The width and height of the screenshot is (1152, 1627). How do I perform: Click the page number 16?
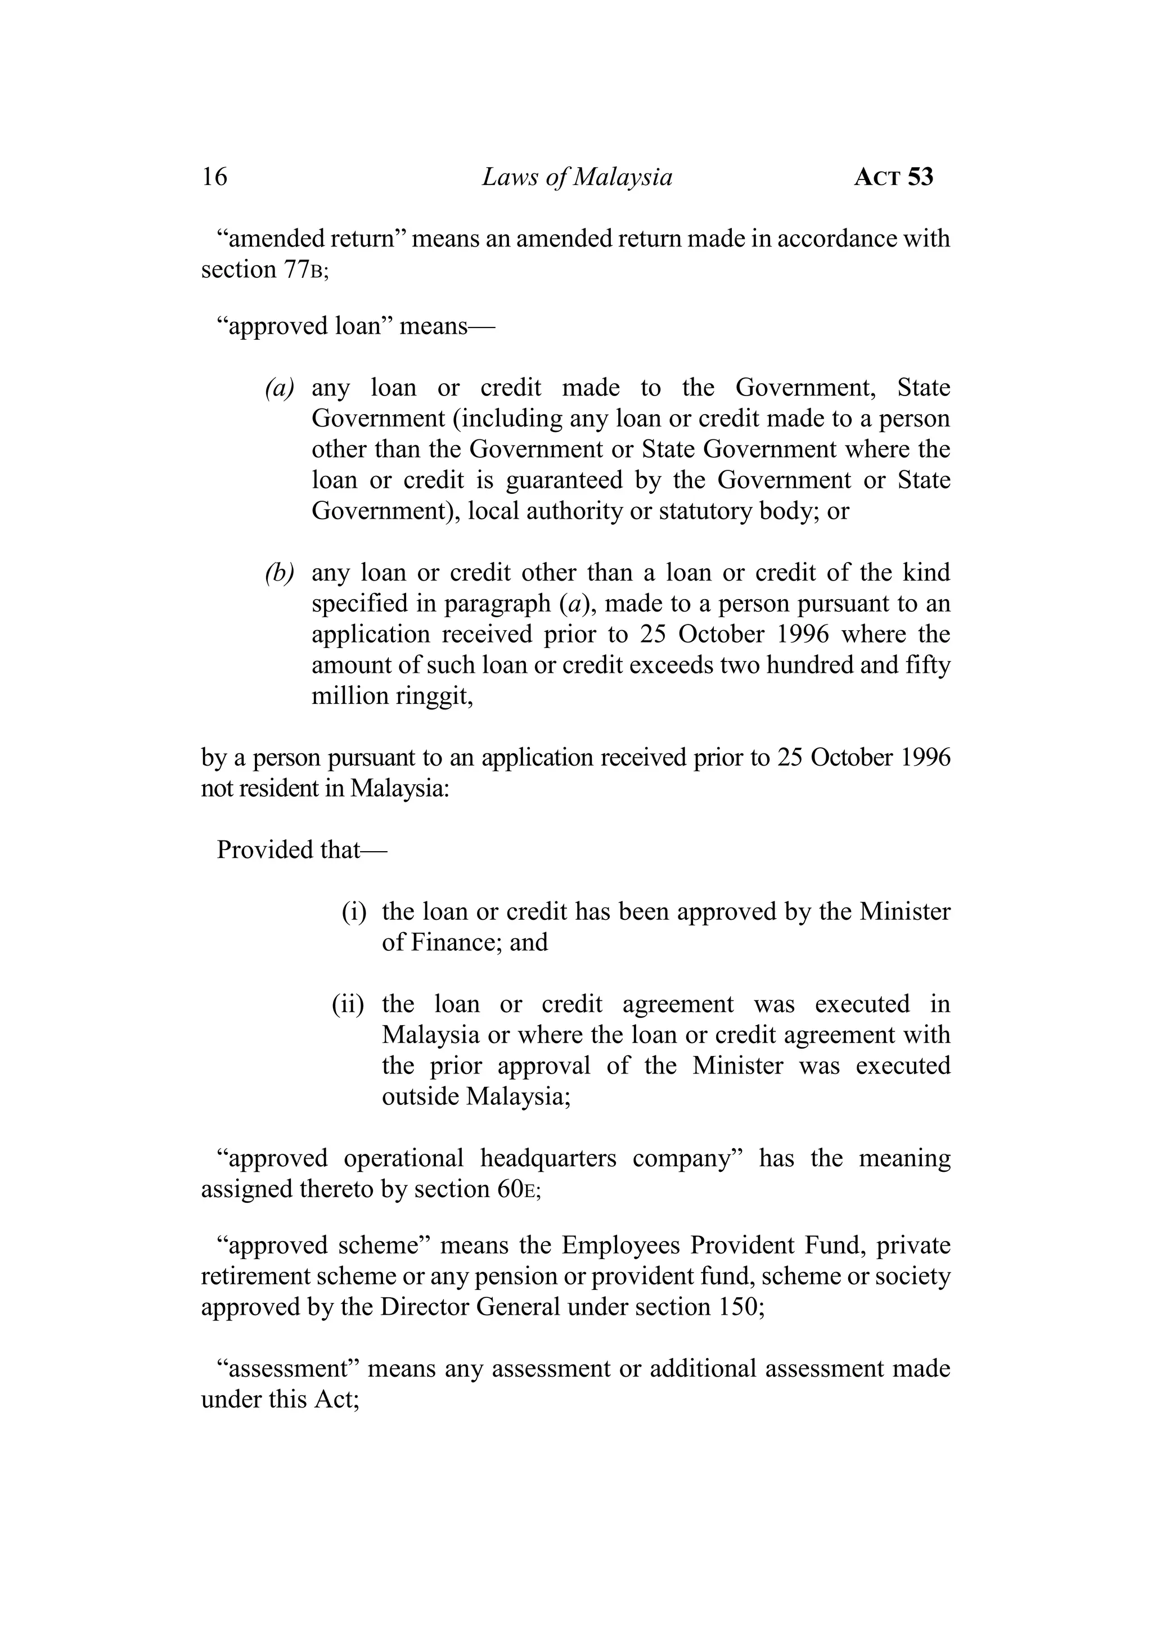(x=214, y=177)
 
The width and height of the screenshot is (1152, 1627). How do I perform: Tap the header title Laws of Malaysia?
(x=577, y=177)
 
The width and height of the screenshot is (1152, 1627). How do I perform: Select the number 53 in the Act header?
(x=920, y=177)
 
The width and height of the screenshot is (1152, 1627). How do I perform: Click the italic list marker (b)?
(x=280, y=573)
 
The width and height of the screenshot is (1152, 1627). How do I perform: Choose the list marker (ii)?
(x=348, y=1004)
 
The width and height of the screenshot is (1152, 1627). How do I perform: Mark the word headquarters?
(x=548, y=1158)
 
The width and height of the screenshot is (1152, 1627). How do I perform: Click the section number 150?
(x=736, y=1306)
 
